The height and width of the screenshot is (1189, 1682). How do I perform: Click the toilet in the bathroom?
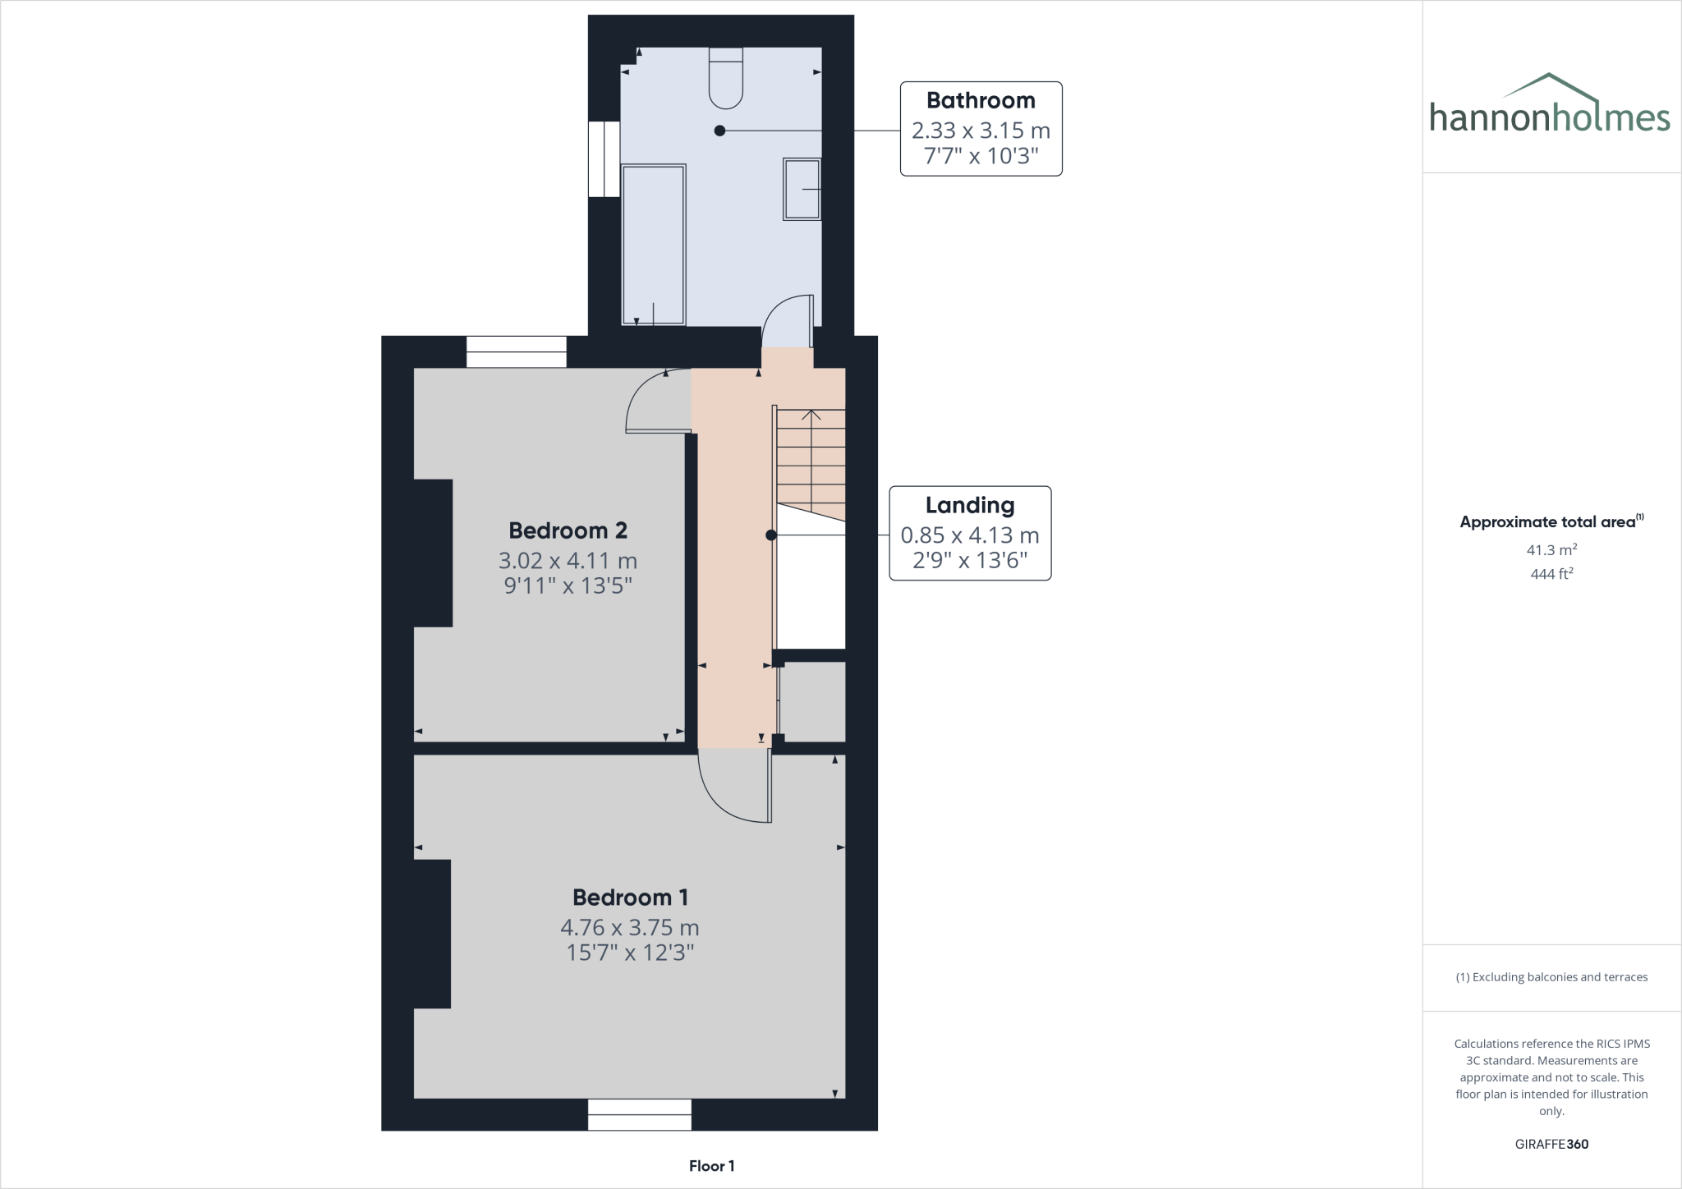726,79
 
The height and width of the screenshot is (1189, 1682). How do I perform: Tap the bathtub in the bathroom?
654,245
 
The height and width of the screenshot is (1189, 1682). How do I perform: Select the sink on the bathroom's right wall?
802,190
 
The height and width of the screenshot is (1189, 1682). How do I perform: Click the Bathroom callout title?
981,101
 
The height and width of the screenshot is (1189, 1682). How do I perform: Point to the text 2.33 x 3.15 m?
981,131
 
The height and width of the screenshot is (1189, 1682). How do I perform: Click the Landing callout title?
970,505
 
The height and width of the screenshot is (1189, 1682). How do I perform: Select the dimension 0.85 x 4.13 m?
970,535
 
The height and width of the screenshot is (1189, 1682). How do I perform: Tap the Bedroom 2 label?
568,530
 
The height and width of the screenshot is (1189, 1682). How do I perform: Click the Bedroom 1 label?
630,897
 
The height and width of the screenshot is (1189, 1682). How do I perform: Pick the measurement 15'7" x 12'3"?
630,953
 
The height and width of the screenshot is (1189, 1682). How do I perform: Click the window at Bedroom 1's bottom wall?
639,1115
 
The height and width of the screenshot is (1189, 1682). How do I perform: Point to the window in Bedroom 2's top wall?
517,352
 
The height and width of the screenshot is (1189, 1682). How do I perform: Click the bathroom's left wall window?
604,159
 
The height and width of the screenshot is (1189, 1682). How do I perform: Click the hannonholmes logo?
1550,105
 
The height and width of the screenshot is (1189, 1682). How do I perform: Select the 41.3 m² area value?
1551,550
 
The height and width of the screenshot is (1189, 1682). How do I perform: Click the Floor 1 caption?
711,1166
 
